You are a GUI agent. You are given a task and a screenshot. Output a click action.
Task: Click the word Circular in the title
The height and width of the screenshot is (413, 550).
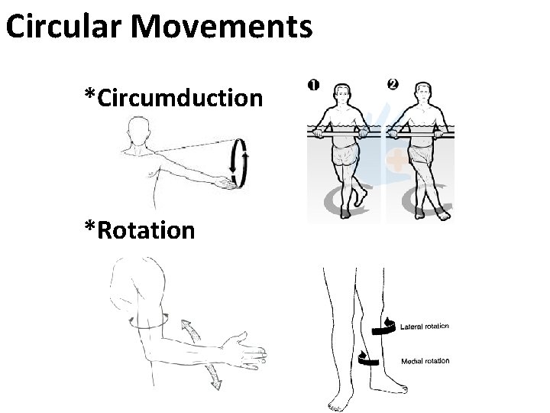(x=64, y=28)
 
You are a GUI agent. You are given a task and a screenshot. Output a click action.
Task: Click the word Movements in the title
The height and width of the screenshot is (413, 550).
(x=222, y=28)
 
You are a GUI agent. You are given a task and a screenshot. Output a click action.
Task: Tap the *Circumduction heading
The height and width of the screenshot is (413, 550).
(x=174, y=98)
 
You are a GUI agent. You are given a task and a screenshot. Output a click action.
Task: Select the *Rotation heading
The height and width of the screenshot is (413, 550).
(x=140, y=230)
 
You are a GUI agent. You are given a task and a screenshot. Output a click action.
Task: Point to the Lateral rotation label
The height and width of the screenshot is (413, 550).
(x=424, y=327)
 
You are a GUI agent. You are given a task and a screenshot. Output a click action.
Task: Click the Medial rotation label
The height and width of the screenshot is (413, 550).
(x=425, y=361)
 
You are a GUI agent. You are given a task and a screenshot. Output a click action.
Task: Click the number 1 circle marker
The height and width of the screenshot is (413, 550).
(x=314, y=84)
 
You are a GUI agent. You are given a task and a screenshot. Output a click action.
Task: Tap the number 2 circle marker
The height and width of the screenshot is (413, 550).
(x=393, y=83)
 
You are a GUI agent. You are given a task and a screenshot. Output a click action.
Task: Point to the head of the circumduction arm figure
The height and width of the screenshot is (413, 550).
(x=139, y=129)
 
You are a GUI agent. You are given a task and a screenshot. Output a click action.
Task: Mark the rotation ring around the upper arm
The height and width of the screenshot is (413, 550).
(x=147, y=323)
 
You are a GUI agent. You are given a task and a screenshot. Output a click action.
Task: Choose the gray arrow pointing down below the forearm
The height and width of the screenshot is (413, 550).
(x=212, y=375)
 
